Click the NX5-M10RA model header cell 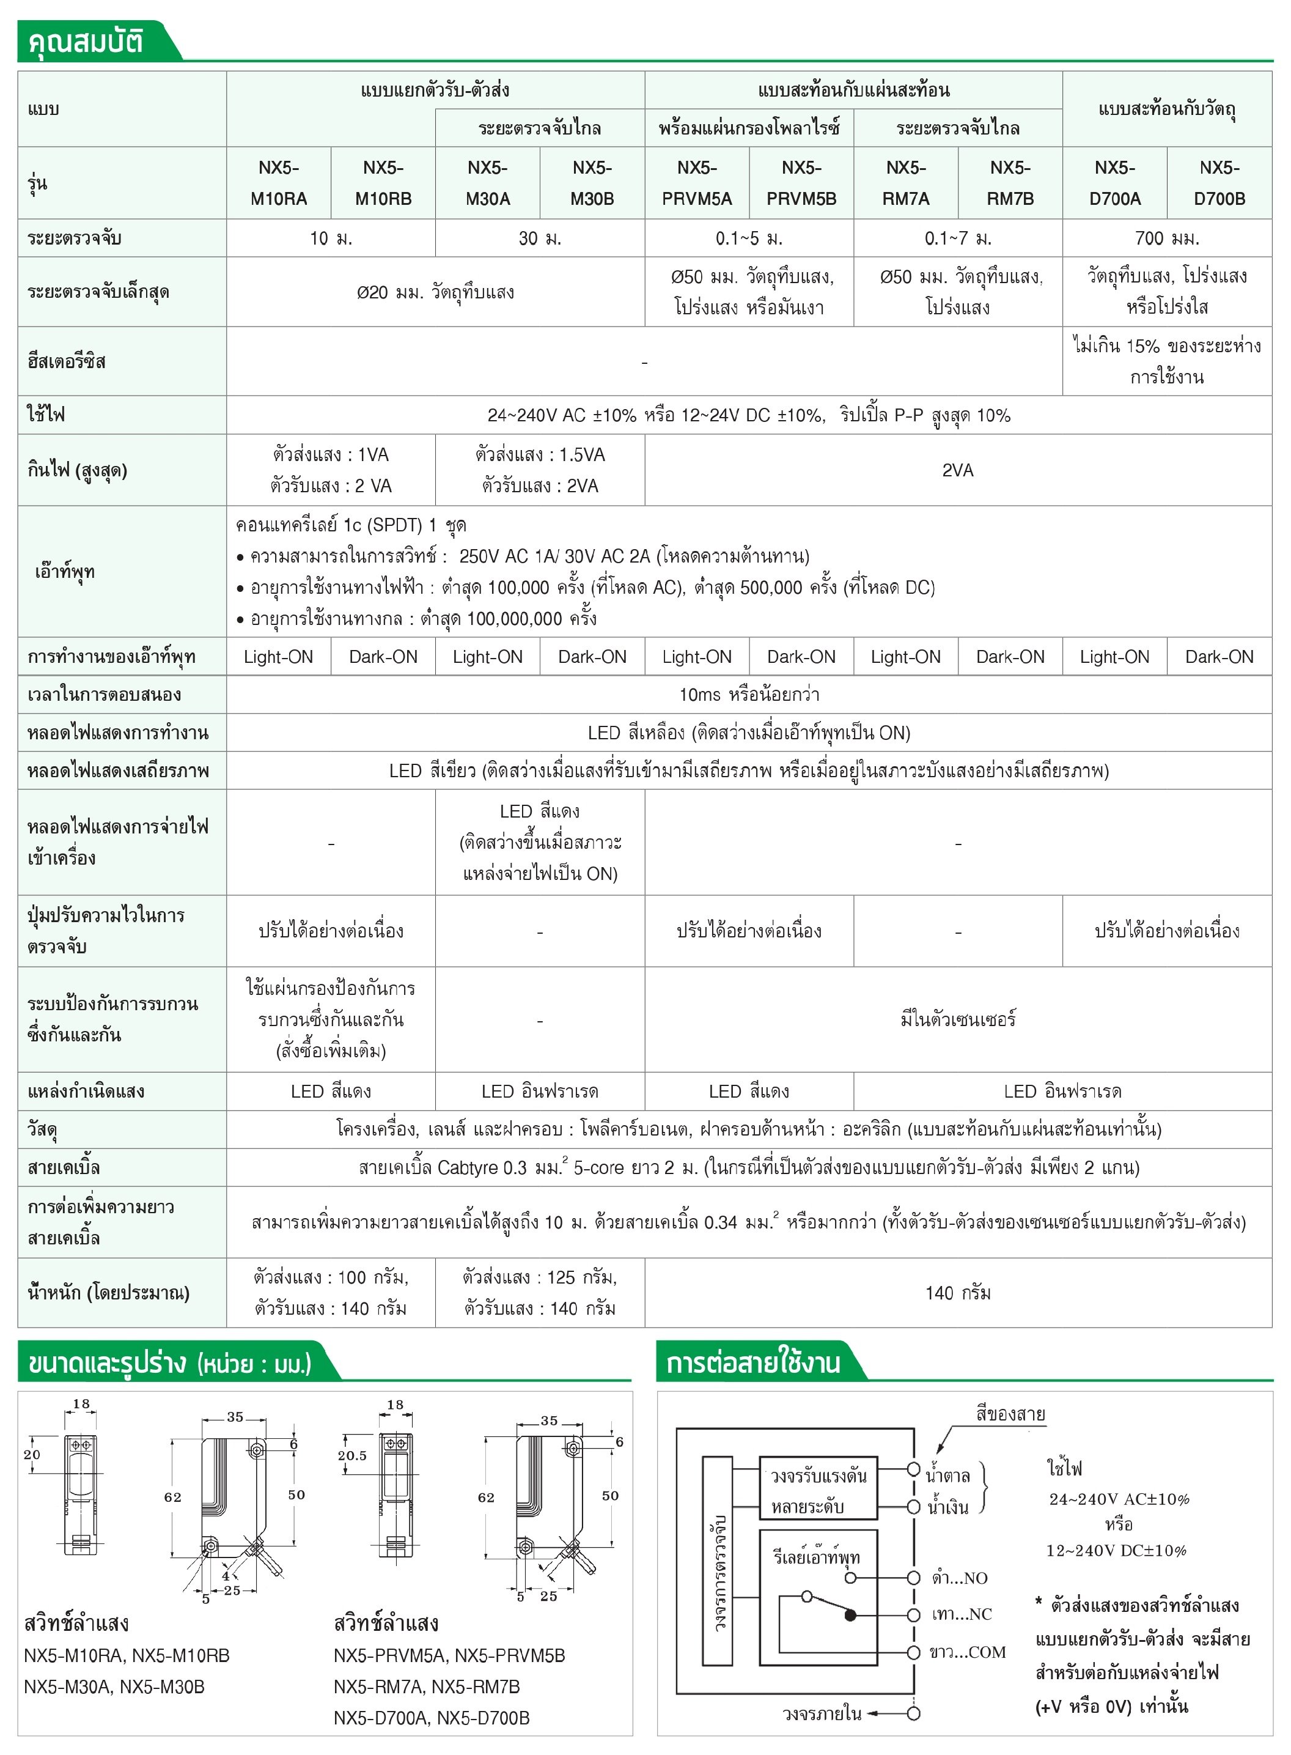click(x=278, y=182)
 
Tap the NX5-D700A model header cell click(x=1114, y=182)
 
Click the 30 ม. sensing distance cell click(x=539, y=238)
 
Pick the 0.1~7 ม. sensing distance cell click(x=957, y=238)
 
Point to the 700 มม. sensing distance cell click(x=1167, y=238)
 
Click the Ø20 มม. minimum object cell click(x=435, y=292)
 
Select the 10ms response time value click(x=749, y=694)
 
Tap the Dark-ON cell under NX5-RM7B click(x=1010, y=657)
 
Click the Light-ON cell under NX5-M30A click(x=488, y=657)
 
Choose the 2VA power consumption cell click(x=957, y=470)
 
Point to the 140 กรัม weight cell click(x=957, y=1293)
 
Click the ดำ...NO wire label click(x=960, y=1578)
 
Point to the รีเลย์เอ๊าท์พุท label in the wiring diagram click(x=817, y=1556)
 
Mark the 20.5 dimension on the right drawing click(x=351, y=1455)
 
